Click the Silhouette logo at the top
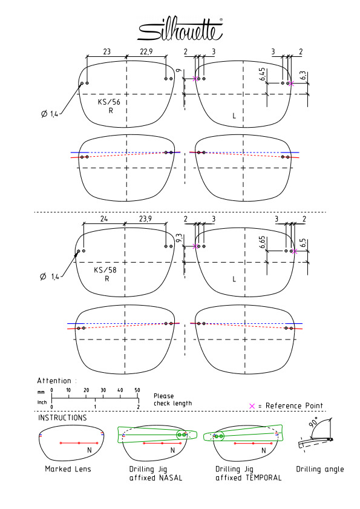(180, 30)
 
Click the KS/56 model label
(109, 102)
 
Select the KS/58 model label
(105, 270)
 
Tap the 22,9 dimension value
(146, 51)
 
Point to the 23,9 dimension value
(145, 219)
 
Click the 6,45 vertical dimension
(263, 74)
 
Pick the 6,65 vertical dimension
(263, 242)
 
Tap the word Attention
(54, 381)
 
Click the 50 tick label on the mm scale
(137, 390)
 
